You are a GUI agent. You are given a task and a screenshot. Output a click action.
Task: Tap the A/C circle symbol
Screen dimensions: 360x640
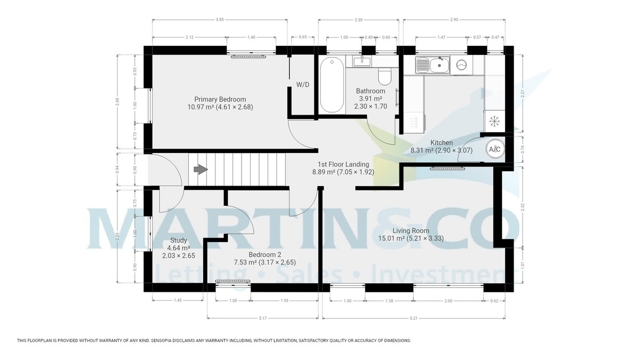pyautogui.click(x=494, y=149)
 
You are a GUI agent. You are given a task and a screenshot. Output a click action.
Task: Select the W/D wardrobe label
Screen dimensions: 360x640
pyautogui.click(x=302, y=85)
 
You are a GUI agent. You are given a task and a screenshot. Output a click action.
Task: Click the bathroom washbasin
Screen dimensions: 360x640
pyautogui.click(x=362, y=61)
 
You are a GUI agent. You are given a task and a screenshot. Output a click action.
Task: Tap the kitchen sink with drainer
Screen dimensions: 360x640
pyautogui.click(x=433, y=66)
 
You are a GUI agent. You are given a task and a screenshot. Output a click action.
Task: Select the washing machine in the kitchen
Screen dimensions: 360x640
pyautogui.click(x=461, y=66)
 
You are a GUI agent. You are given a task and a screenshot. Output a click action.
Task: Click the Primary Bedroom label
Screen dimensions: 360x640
pyautogui.click(x=220, y=103)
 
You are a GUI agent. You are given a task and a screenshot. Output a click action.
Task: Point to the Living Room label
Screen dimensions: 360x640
pyautogui.click(x=411, y=235)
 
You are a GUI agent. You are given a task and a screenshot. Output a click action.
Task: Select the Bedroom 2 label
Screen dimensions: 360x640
pyautogui.click(x=264, y=258)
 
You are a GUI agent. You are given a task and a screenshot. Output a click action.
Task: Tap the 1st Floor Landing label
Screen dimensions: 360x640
pyautogui.click(x=343, y=168)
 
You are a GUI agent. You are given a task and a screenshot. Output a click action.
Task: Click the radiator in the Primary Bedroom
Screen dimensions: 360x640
pyautogui.click(x=248, y=56)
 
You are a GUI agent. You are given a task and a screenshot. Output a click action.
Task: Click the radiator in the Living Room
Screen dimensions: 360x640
pyautogui.click(x=448, y=169)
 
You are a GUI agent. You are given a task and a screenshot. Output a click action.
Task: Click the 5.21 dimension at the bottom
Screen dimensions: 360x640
pyautogui.click(x=414, y=318)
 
